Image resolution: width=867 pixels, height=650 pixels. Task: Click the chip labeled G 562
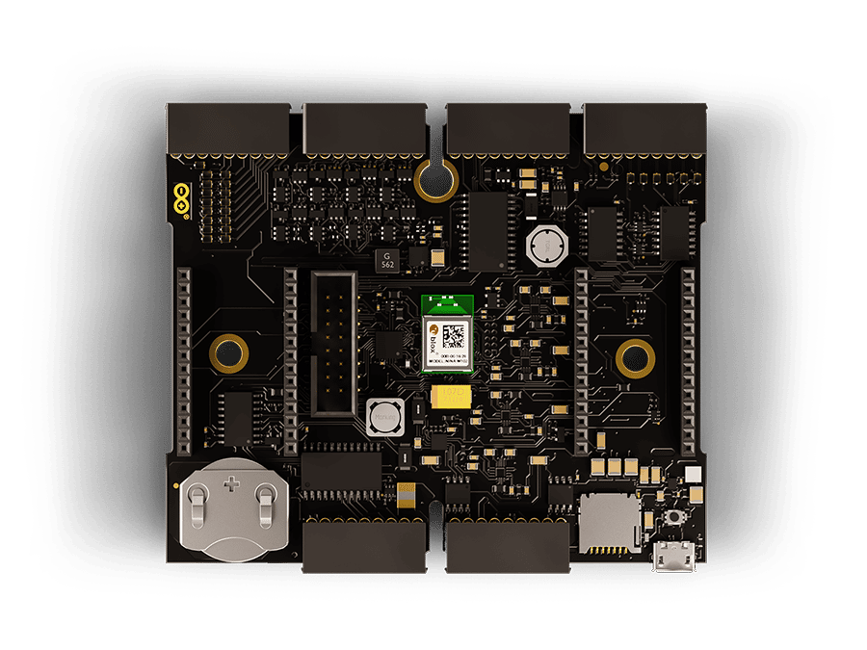385,258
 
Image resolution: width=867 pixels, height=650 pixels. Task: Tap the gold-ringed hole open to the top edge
434,177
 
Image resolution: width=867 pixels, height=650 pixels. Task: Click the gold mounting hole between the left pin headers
229,353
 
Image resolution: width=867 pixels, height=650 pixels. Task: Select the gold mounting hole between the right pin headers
635,359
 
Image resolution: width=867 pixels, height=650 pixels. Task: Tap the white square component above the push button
693,475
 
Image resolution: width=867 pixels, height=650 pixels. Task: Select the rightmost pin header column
688,362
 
